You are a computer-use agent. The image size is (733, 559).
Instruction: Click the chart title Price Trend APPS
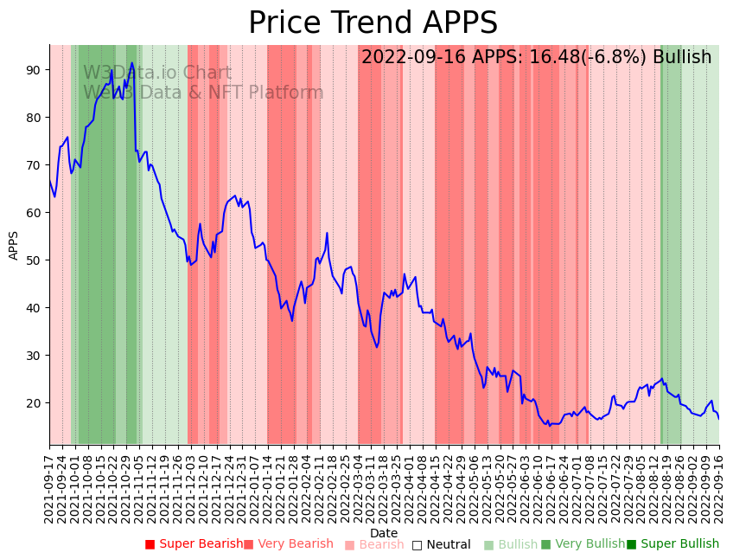tap(373, 23)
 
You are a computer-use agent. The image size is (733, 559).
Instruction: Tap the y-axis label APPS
tap(14, 245)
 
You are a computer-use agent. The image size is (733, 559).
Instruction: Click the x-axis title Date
tap(384, 533)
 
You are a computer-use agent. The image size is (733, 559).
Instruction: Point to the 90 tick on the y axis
tap(33, 69)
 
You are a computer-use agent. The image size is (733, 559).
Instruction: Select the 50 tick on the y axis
tap(33, 260)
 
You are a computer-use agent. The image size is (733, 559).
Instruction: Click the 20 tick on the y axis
tap(33, 402)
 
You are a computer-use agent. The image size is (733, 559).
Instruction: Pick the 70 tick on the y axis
tap(33, 164)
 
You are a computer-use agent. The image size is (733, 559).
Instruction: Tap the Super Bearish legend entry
tap(194, 544)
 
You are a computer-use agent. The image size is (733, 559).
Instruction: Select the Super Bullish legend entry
tap(672, 544)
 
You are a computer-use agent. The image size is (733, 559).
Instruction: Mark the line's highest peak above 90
tap(132, 62)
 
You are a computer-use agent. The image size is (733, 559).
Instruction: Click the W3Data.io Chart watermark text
tap(156, 74)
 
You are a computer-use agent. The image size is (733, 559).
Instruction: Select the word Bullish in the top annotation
tap(682, 58)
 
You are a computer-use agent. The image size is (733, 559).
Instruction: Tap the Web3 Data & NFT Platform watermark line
tap(203, 93)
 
